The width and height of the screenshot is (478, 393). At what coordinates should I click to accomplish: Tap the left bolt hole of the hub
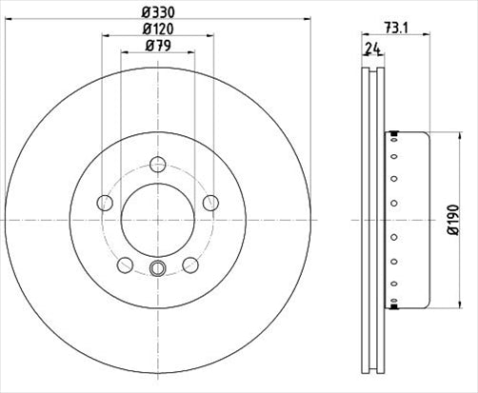click(105, 203)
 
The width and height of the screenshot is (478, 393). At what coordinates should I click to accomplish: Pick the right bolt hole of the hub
click(210, 203)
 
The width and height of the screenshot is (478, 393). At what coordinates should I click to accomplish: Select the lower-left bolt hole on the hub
click(125, 264)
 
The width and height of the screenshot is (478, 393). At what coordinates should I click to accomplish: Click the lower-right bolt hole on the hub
click(189, 264)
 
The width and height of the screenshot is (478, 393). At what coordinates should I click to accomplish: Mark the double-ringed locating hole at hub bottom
click(157, 270)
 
